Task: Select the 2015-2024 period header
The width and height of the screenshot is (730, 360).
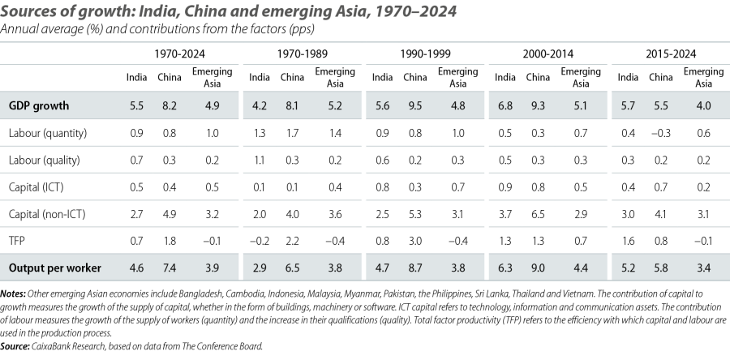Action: click(667, 54)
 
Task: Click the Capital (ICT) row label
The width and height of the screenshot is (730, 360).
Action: click(37, 187)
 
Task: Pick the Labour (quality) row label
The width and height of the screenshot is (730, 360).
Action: click(46, 161)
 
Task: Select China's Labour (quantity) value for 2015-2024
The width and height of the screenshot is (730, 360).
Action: click(659, 133)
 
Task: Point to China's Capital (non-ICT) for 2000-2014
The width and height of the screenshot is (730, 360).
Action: click(537, 214)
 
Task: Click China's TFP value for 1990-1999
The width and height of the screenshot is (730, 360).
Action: click(414, 241)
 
